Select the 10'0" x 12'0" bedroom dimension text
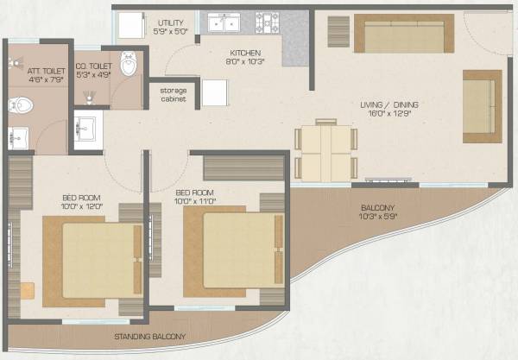(57, 206)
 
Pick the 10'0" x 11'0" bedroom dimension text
(196, 199)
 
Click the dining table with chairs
(325, 152)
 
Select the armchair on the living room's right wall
(481, 105)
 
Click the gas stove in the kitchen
(268, 22)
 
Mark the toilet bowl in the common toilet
(129, 64)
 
